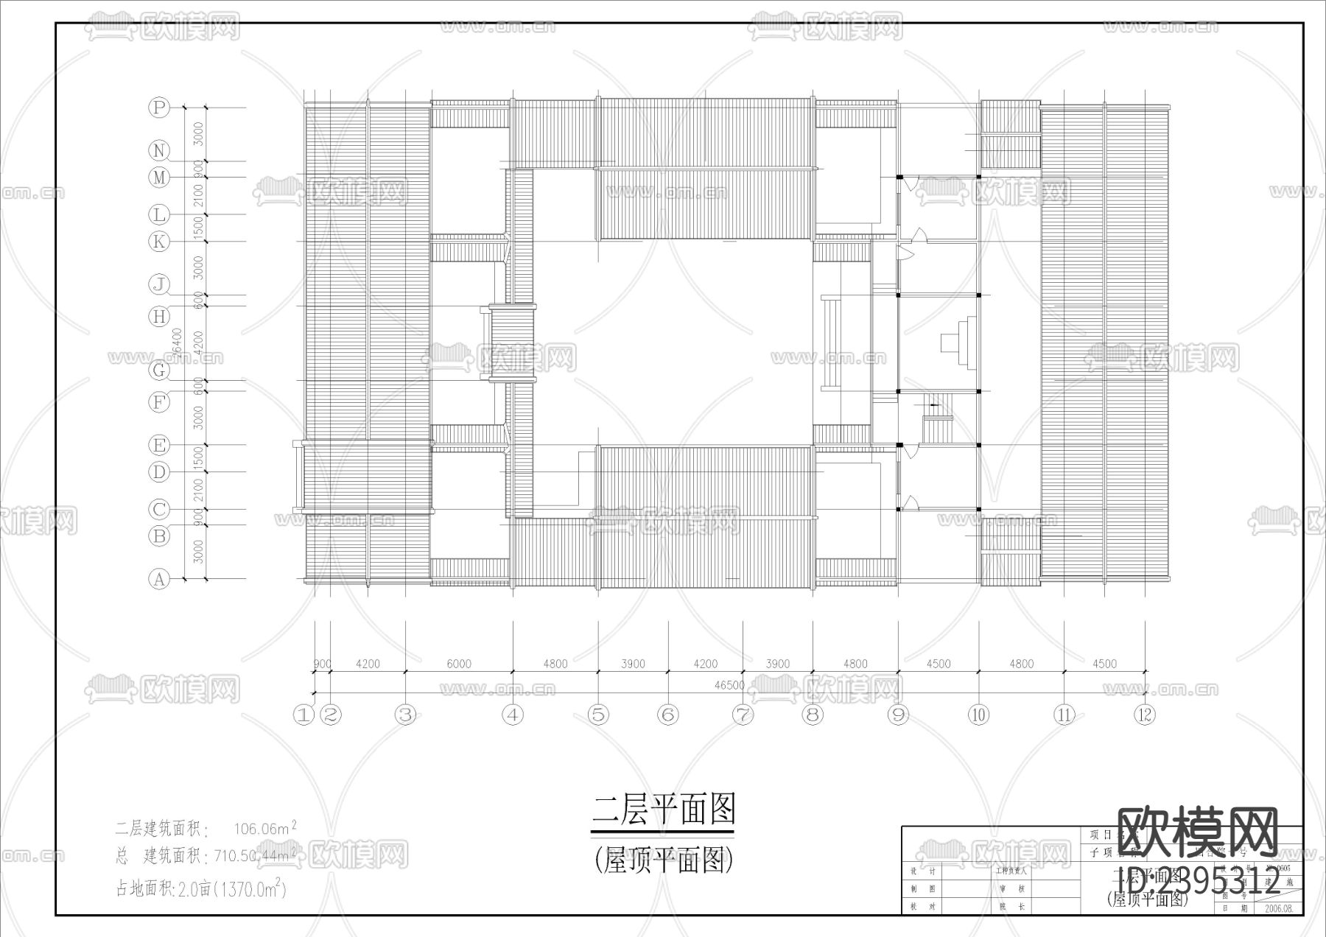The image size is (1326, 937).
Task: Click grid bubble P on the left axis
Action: (158, 108)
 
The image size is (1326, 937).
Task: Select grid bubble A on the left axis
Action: (159, 579)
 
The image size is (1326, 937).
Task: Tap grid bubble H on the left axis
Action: (158, 317)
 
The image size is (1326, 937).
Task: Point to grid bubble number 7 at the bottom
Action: (743, 715)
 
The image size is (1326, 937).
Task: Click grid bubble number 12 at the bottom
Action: (1144, 715)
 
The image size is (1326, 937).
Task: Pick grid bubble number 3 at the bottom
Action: (405, 715)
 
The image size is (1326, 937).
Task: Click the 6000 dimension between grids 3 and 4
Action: (458, 664)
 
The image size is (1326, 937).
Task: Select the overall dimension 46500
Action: (729, 685)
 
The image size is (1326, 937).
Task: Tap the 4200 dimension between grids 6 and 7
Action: (705, 664)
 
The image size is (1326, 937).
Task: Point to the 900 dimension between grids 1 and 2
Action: (322, 664)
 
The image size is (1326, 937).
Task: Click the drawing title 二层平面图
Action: (664, 810)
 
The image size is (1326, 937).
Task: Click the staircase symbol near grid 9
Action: (936, 417)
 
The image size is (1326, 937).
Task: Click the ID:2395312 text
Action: (1199, 880)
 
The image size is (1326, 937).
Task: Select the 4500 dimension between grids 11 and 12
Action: (1104, 664)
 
